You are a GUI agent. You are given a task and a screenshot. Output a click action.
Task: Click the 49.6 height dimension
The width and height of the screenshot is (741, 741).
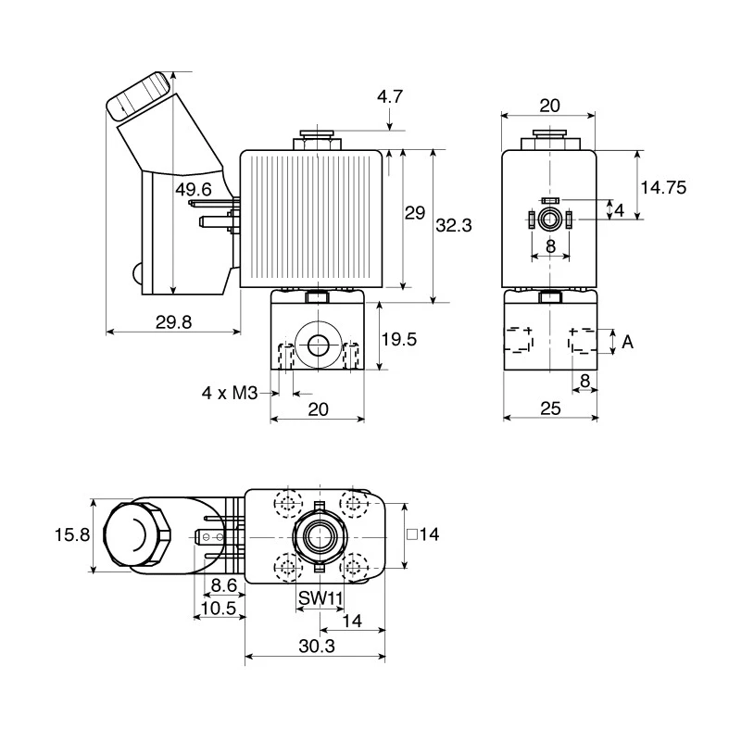pyautogui.click(x=194, y=190)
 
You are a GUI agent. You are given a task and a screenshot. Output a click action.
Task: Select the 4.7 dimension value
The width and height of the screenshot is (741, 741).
pyautogui.click(x=389, y=97)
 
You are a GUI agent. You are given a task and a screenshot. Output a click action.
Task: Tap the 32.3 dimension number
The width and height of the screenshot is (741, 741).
pyautogui.click(x=453, y=225)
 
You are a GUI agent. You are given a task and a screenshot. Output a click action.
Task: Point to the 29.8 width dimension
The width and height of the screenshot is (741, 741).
pyautogui.click(x=173, y=322)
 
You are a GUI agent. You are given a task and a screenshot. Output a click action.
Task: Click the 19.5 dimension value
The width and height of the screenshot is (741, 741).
pyautogui.click(x=399, y=339)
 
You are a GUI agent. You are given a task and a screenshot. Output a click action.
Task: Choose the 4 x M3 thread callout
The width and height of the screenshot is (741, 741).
pyautogui.click(x=230, y=393)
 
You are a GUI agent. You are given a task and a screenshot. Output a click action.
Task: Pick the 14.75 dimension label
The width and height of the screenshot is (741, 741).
pyautogui.click(x=663, y=188)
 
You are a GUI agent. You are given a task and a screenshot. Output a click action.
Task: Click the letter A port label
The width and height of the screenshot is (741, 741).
pyautogui.click(x=627, y=341)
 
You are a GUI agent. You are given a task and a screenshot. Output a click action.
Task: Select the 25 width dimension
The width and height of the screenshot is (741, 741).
pyautogui.click(x=550, y=408)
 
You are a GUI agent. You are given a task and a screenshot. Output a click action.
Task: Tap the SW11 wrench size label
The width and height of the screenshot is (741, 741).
pyautogui.click(x=320, y=598)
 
